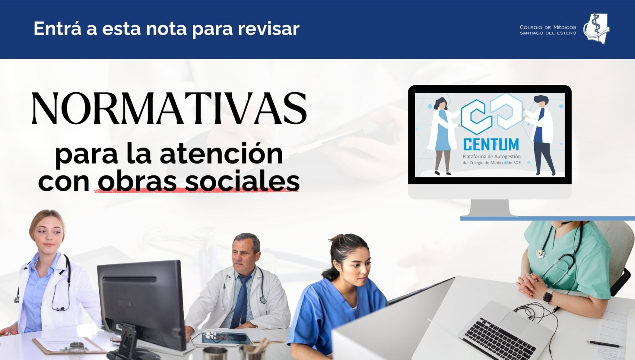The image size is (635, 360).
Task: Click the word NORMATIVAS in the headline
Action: [x=169, y=108]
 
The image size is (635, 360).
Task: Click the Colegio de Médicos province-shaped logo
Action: [x=596, y=28]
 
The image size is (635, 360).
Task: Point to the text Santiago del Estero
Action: [x=548, y=33]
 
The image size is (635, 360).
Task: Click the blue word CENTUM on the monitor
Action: [x=491, y=144]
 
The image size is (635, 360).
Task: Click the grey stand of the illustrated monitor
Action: [x=490, y=208]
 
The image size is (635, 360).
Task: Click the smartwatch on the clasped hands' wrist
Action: [x=548, y=296]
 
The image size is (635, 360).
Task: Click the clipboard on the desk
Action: [x=69, y=346]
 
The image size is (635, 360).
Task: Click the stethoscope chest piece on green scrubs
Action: [x=540, y=253]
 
